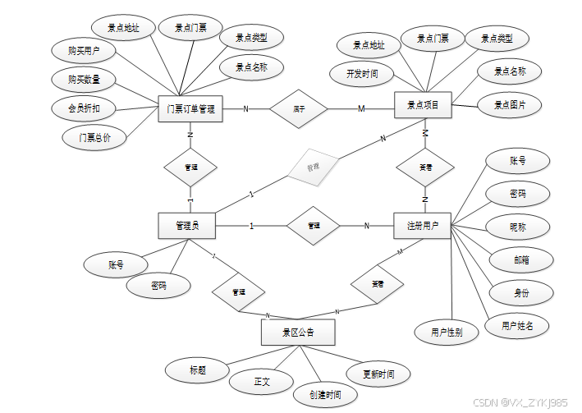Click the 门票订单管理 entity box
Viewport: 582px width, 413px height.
[x=190, y=108]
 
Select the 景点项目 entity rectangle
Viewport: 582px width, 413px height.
[x=424, y=105]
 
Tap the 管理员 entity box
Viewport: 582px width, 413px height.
[x=187, y=226]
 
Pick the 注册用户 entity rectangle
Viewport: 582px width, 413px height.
[x=423, y=226]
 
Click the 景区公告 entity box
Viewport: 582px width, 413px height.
[x=298, y=333]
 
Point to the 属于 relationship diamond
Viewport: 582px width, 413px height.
[x=299, y=108]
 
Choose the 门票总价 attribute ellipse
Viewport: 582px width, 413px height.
[x=95, y=137]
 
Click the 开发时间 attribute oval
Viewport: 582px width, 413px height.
[x=362, y=73]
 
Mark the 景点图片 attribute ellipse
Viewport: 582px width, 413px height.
[x=510, y=105]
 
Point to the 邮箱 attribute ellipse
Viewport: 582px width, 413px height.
[x=520, y=259]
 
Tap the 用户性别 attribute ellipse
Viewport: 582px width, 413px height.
[x=447, y=332]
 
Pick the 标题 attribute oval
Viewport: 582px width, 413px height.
[x=197, y=370]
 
